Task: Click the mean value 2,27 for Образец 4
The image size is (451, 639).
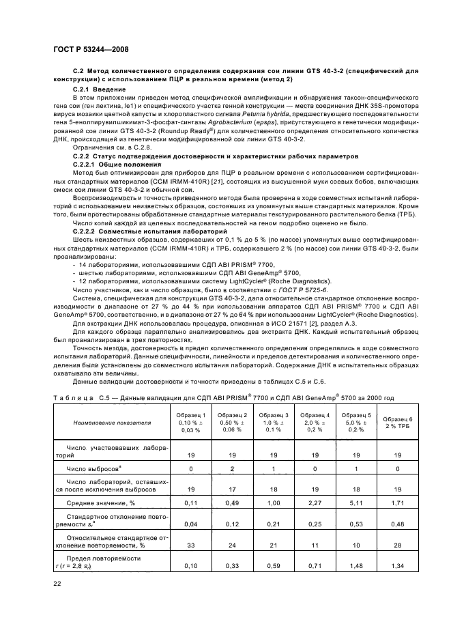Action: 315,503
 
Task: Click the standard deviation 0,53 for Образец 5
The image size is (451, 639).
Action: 355,525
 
